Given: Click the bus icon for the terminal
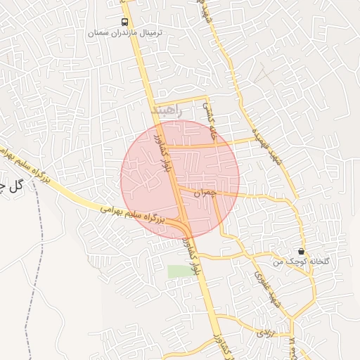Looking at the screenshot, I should point(124,22).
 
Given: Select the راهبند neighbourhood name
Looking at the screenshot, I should point(167,111).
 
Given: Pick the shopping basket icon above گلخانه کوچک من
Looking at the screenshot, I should point(302,251).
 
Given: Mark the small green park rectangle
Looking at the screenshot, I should point(177,271).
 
